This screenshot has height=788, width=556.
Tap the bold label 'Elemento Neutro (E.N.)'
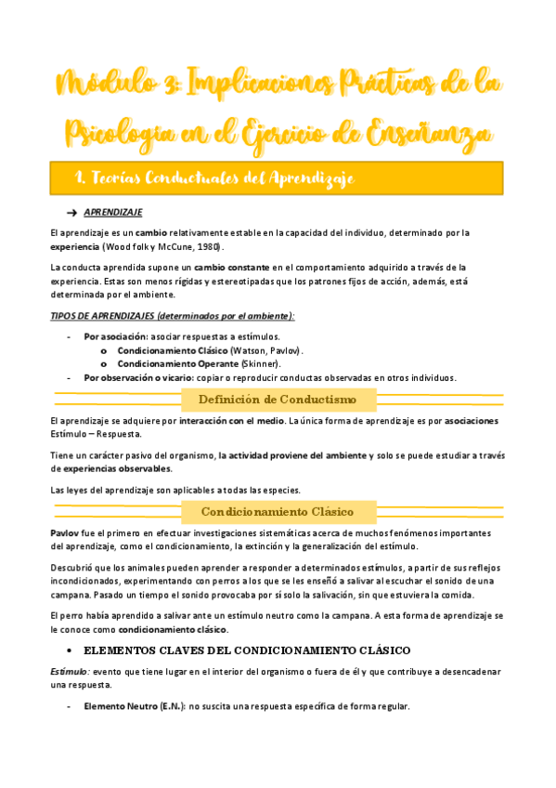133,706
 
